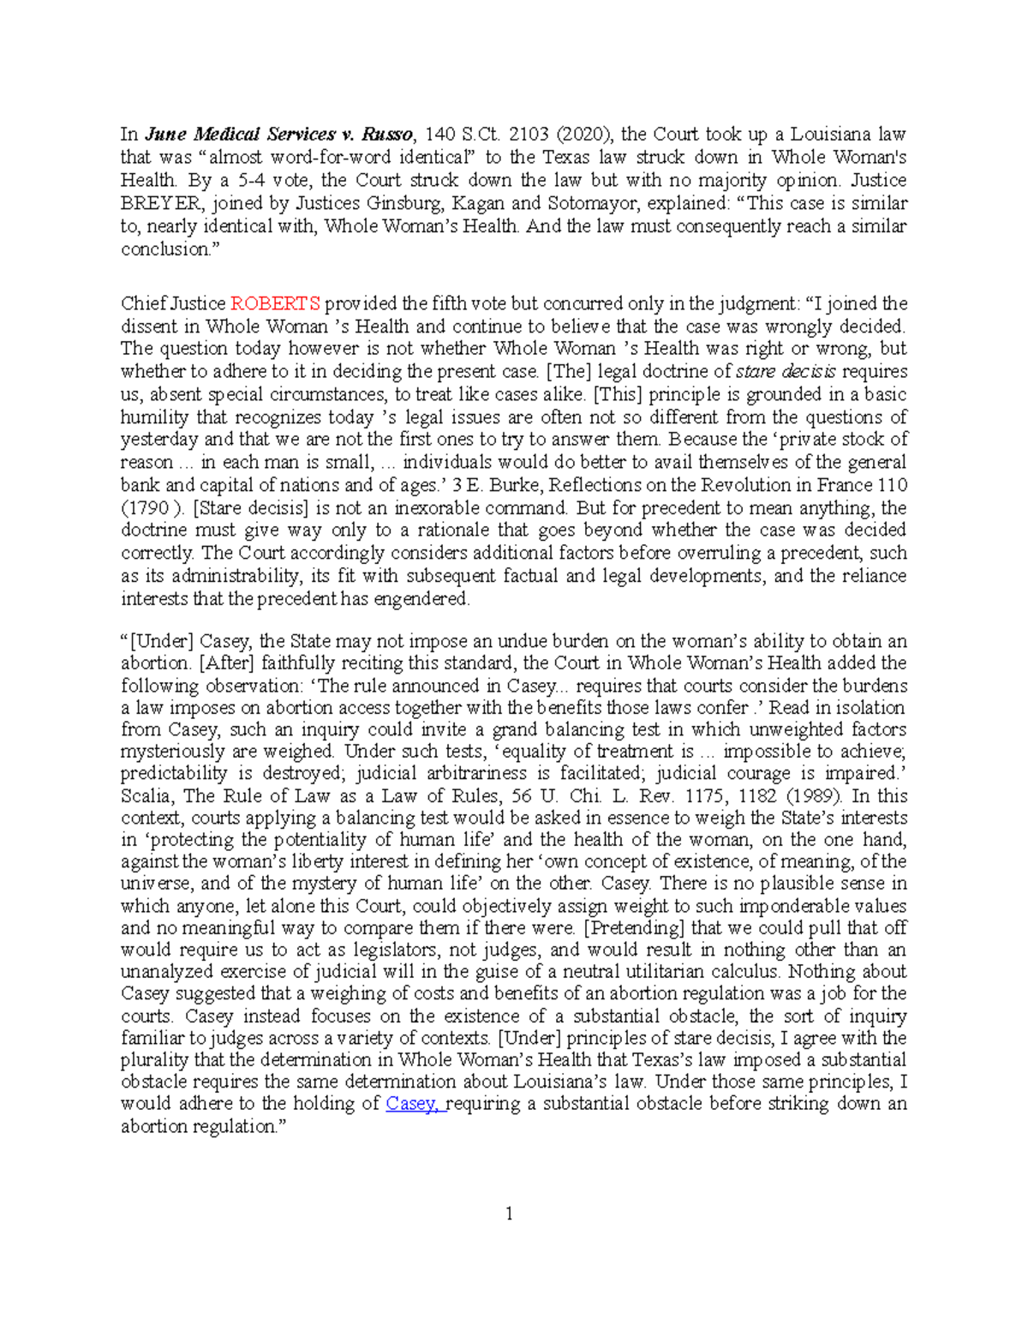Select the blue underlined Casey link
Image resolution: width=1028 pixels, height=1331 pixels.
coord(415,1104)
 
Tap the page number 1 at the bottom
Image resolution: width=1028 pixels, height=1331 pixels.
coord(510,1214)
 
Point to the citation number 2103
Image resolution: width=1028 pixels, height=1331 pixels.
coord(529,135)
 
